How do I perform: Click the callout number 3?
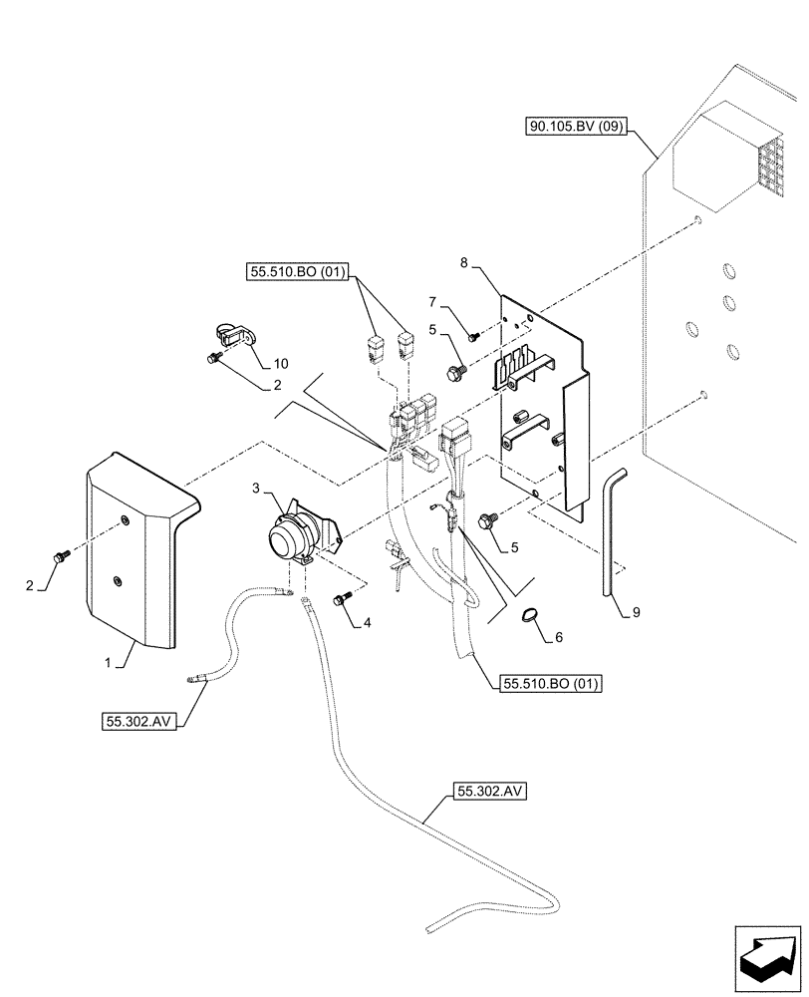click(x=255, y=488)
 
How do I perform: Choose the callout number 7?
click(x=433, y=301)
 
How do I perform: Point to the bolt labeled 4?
click(x=340, y=600)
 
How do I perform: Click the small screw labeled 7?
click(x=474, y=337)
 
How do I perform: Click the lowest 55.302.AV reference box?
click(x=488, y=793)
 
